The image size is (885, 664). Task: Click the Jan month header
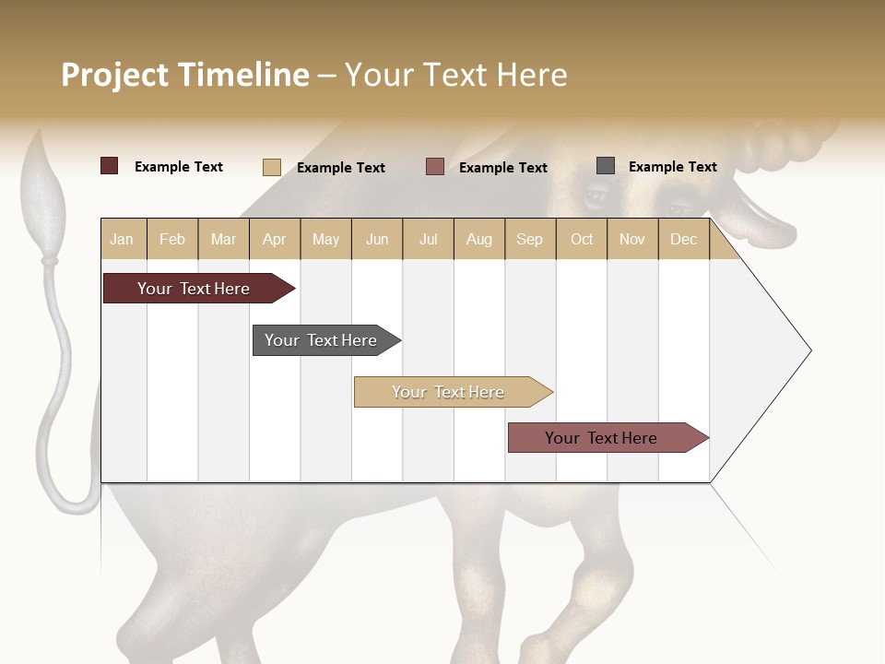pos(122,239)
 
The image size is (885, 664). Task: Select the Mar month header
pos(223,239)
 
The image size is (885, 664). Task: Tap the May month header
pos(325,239)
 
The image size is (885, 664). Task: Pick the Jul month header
pos(428,239)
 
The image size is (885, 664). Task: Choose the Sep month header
pos(529,239)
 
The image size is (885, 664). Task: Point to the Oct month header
pos(582,239)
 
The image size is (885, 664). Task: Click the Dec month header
pos(683,239)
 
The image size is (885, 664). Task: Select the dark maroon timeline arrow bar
pos(194,289)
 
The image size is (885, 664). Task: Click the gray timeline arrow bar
pos(321,340)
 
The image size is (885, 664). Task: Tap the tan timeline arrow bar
pos(448,392)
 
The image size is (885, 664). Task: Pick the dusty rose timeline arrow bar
pos(601,438)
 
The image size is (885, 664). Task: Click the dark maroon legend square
pos(110,166)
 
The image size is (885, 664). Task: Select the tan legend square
pos(272,167)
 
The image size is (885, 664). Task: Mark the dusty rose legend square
pos(435,166)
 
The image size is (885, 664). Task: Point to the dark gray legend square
pos(606,166)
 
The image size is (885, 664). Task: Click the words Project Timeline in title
pos(185,75)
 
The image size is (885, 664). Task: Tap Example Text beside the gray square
pos(672,167)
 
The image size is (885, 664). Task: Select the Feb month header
pos(172,239)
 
